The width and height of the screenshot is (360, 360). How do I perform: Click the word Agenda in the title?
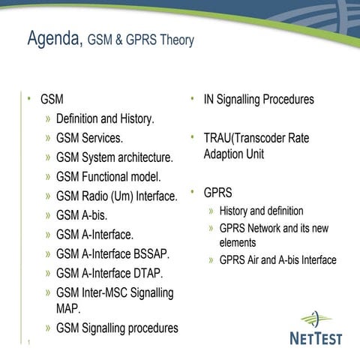(x=53, y=39)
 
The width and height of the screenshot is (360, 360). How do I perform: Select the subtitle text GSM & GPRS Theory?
(x=140, y=40)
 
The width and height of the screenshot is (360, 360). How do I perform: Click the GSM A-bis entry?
(x=82, y=216)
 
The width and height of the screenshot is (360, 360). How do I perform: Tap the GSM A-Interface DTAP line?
(x=109, y=274)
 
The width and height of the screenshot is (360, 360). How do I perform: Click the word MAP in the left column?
(x=68, y=308)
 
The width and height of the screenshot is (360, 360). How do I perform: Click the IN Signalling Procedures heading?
(x=258, y=99)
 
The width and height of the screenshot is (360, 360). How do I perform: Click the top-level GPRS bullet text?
(x=217, y=193)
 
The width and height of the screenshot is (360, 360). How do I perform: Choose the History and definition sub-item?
(x=261, y=211)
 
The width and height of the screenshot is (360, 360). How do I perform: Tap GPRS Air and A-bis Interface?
(x=277, y=260)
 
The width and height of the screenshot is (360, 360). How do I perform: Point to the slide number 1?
(x=28, y=343)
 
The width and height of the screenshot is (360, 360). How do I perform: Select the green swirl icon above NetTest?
(x=316, y=317)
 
